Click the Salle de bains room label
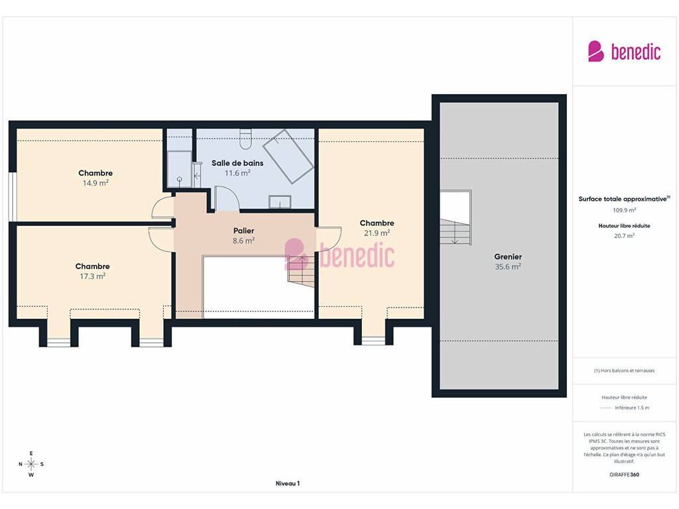pos(237,163)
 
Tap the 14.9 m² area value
pos(95,183)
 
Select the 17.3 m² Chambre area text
pos(92,276)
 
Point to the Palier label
pos(243,231)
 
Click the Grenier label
pos(508,256)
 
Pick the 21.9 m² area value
pos(377,233)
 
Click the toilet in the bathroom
pos(245,139)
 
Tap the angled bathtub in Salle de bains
pos(288,156)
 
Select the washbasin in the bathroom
pos(280,202)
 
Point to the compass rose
pos(31,464)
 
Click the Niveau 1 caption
pos(288,483)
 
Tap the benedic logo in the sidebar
pos(624,52)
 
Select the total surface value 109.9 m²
pos(624,210)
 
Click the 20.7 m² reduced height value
pos(624,236)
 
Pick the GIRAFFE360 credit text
pos(624,475)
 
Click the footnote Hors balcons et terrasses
pos(624,370)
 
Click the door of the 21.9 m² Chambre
pos(329,239)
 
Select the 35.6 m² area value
pos(508,266)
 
